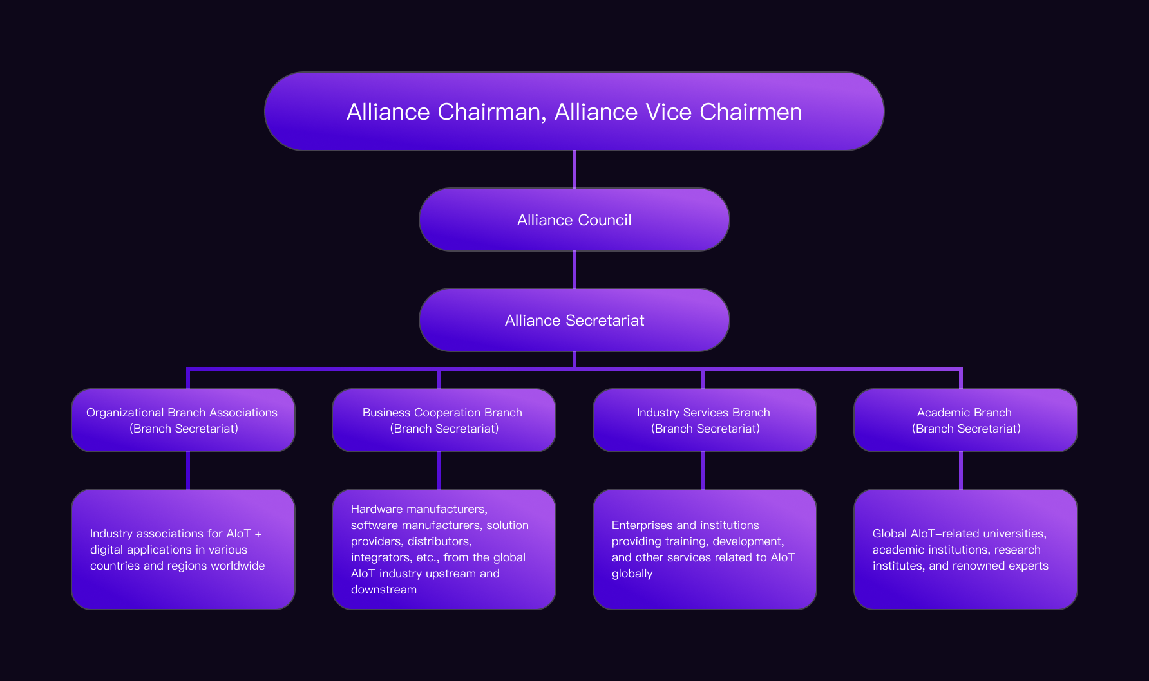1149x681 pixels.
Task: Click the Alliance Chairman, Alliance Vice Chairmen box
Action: (x=574, y=111)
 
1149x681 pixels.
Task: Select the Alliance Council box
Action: (x=574, y=219)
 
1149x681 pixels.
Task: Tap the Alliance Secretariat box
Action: (x=574, y=320)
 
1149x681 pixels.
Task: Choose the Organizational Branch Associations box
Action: (x=183, y=420)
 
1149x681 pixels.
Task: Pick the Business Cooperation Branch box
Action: (x=444, y=420)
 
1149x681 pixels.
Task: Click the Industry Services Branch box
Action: (x=705, y=420)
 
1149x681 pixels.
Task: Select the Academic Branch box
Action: (x=965, y=420)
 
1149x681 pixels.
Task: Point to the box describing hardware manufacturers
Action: (x=444, y=549)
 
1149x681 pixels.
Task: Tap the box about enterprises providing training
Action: (x=705, y=549)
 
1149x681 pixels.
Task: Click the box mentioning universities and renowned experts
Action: (x=965, y=549)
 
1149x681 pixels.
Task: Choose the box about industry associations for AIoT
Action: (x=183, y=549)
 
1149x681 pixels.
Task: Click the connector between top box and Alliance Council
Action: (x=574, y=169)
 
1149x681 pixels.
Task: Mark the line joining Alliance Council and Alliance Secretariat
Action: (x=574, y=270)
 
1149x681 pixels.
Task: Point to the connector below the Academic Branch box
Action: (x=960, y=471)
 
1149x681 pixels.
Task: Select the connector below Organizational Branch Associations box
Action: (x=188, y=471)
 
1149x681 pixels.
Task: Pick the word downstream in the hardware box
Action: (x=384, y=590)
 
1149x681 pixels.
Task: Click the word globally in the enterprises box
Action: (x=632, y=574)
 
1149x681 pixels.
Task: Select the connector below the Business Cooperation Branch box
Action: (x=439, y=471)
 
